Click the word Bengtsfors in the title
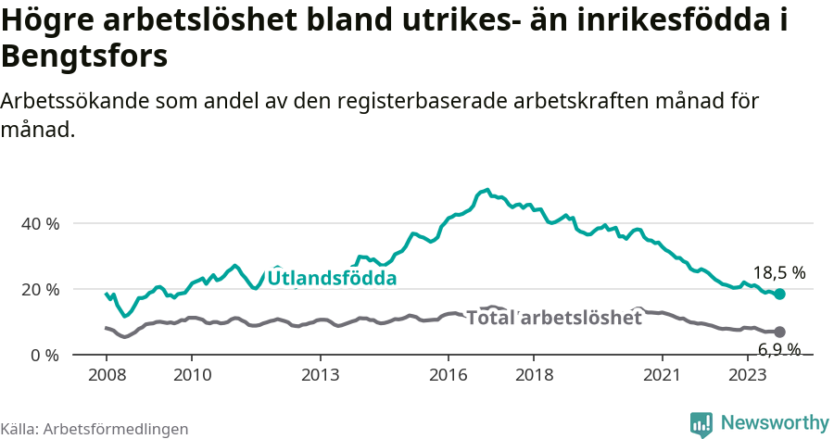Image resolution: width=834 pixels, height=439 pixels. click(84, 56)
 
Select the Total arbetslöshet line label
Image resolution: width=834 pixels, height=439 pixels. click(553, 318)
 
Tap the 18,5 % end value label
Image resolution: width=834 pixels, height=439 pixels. click(778, 273)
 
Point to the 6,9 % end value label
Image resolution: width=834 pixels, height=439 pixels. click(779, 349)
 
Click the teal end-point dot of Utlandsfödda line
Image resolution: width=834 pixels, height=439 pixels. click(780, 294)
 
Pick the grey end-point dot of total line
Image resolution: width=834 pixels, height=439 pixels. click(780, 332)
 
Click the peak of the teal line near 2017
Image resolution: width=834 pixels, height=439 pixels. click(486, 190)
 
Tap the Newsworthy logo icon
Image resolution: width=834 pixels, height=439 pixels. click(701, 424)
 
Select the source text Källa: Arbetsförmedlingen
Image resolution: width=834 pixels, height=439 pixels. click(95, 429)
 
